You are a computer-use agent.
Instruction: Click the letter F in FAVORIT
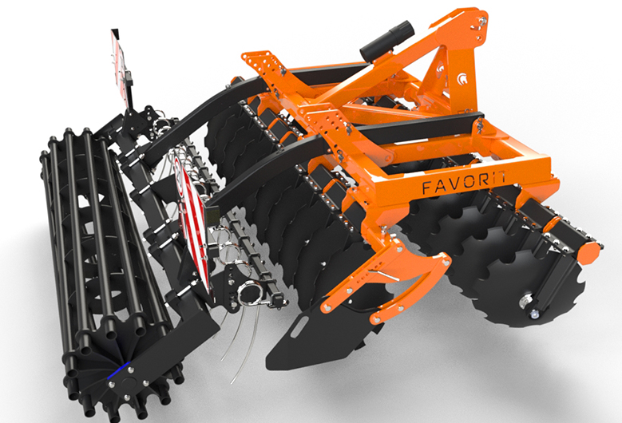pyautogui.click(x=427, y=187)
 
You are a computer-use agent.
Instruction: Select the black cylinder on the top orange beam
pyautogui.click(x=386, y=41)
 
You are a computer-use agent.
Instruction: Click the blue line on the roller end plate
pyautogui.click(x=118, y=370)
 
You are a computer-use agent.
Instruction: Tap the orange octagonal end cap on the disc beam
pyautogui.click(x=590, y=252)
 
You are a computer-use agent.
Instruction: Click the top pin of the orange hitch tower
pyautogui.click(x=482, y=20)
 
